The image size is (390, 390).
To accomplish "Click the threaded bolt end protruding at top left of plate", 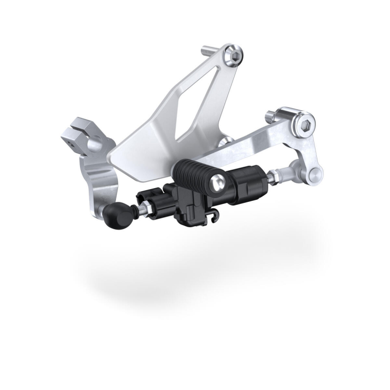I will tap(208, 50).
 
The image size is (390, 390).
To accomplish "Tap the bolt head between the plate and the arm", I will tap(224, 143).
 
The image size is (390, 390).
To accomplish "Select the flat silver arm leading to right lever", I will tap(253, 146).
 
